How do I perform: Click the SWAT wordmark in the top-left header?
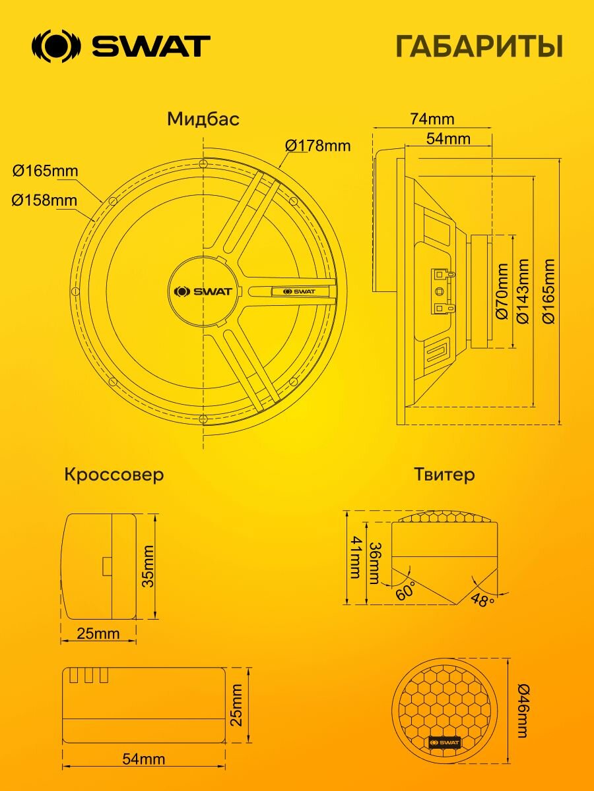(x=150, y=46)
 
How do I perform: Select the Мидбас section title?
(x=203, y=119)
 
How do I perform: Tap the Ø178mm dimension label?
(x=317, y=145)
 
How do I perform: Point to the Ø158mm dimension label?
(x=44, y=200)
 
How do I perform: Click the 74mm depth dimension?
(x=432, y=119)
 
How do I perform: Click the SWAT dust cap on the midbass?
(x=202, y=291)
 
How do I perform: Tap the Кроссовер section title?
(x=114, y=475)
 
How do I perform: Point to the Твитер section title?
(x=444, y=475)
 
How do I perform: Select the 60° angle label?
(x=405, y=591)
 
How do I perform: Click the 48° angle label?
(x=482, y=601)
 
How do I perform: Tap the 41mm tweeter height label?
(x=356, y=557)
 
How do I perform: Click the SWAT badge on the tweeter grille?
(x=444, y=742)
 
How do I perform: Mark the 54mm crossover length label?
(x=143, y=759)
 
